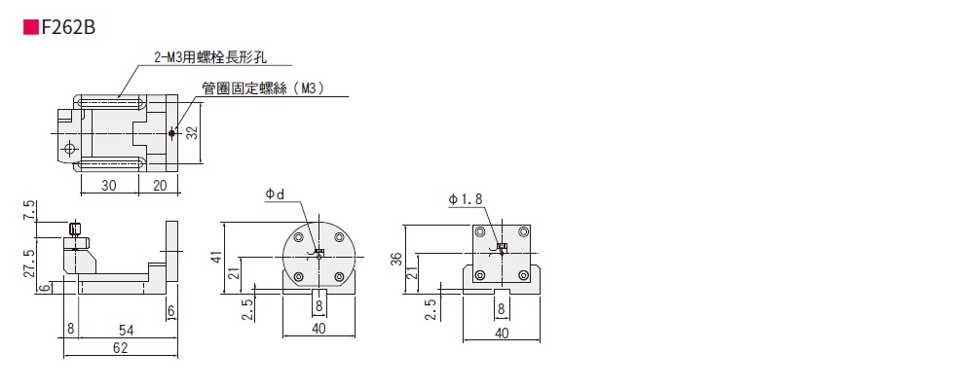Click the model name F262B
(68, 28)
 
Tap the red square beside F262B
(31, 28)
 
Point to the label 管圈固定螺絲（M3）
(263, 88)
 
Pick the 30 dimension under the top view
(109, 185)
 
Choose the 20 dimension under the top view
(159, 185)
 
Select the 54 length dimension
(126, 329)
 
